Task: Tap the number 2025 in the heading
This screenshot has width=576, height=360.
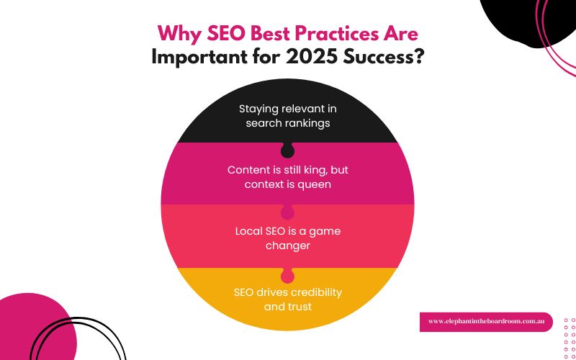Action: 306,58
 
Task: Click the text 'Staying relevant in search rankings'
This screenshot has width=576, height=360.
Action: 287,116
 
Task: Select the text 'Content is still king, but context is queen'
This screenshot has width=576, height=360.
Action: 287,177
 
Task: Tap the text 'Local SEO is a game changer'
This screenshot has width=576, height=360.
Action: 287,238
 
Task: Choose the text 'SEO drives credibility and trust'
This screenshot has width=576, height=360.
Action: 287,300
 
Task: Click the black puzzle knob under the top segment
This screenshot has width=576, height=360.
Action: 287,150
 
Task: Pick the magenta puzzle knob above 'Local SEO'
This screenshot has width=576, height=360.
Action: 287,212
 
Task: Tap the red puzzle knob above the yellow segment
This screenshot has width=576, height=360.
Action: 287,276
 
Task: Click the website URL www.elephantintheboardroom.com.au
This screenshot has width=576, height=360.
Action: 486,321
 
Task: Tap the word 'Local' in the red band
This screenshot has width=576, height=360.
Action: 249,231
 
